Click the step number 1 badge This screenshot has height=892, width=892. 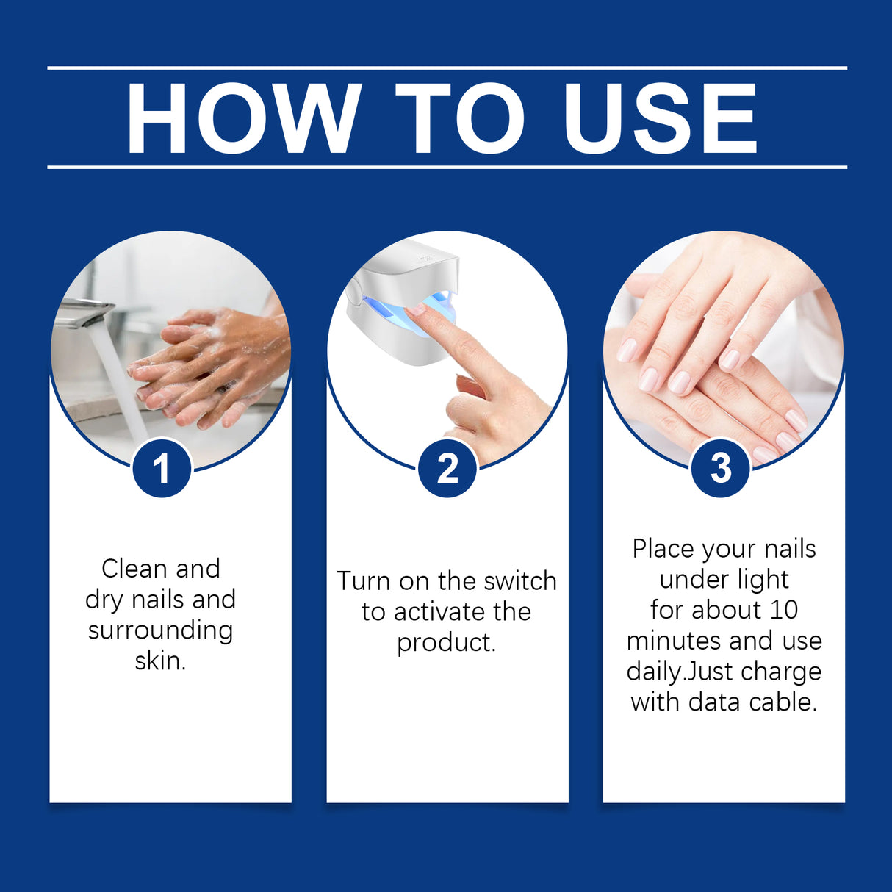click(162, 468)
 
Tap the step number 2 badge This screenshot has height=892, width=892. click(447, 468)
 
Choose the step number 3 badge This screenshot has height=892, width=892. click(721, 468)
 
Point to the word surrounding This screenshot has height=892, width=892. click(160, 630)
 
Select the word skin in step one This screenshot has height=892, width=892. click(159, 661)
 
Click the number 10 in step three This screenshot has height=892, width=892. click(784, 610)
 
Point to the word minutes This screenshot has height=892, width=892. click(675, 641)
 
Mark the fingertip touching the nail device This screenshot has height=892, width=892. click(417, 310)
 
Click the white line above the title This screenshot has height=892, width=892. click(447, 68)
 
